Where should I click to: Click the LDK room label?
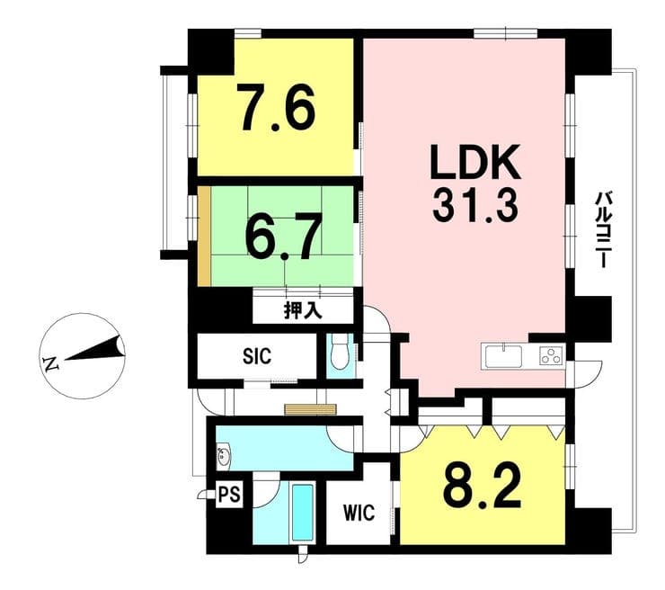(475, 162)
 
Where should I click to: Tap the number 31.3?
(475, 206)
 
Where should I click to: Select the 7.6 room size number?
(279, 108)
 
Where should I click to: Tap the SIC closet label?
(257, 355)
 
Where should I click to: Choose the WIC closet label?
(359, 513)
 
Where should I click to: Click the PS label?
(229, 495)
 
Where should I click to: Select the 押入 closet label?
(302, 310)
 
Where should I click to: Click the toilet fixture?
(340, 353)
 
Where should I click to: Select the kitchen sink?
(504, 356)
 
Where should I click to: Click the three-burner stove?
(552, 355)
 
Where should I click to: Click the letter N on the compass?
(51, 363)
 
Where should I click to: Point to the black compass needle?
(94, 348)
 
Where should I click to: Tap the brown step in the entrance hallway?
(310, 409)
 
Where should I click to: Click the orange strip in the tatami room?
(204, 236)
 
